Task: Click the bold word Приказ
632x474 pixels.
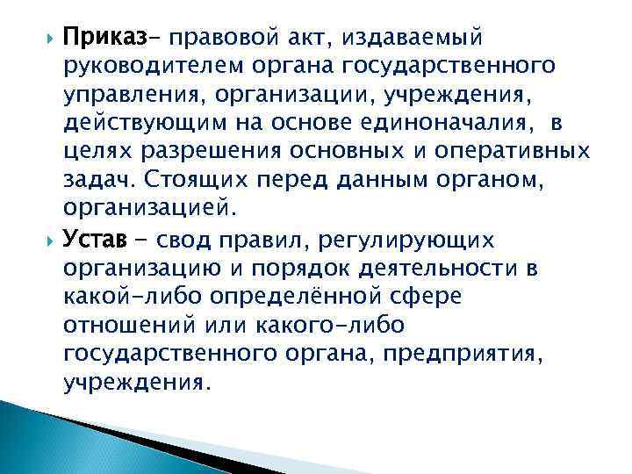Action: (111, 38)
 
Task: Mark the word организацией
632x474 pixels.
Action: (148, 207)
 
